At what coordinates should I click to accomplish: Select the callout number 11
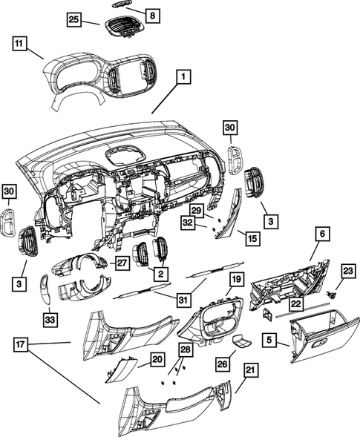pyautogui.click(x=21, y=45)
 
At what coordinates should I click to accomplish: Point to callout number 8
pyautogui.click(x=151, y=15)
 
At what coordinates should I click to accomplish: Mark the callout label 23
pyautogui.click(x=348, y=270)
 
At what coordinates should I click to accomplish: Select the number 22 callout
pyautogui.click(x=296, y=304)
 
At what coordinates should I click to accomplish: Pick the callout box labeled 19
pyautogui.click(x=236, y=279)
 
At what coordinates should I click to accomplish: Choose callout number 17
pyautogui.click(x=22, y=344)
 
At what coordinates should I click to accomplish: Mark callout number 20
pyautogui.click(x=157, y=359)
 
